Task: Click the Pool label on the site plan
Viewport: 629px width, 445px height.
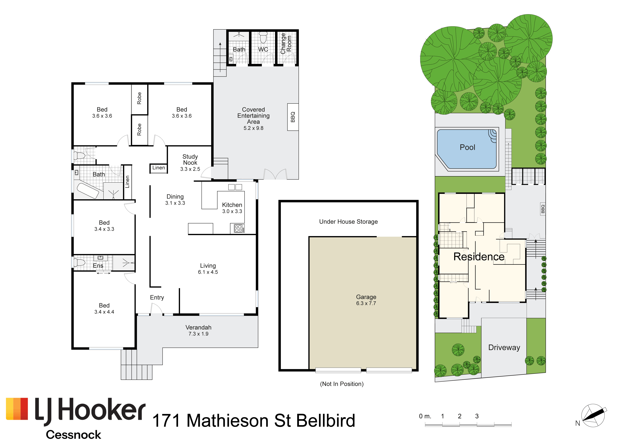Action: (467, 147)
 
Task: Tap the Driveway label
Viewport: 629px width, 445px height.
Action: (504, 347)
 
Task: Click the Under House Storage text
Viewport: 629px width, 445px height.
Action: (348, 222)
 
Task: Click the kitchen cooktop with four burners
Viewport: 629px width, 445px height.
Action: (238, 228)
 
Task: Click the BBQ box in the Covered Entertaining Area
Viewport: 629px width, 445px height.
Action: (293, 117)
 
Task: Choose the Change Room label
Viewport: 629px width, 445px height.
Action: (286, 44)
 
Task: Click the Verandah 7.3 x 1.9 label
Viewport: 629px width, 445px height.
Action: (198, 330)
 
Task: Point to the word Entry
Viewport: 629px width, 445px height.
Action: (157, 298)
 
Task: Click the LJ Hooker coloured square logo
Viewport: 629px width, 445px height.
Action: (17, 409)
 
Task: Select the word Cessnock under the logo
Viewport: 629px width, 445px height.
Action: (73, 435)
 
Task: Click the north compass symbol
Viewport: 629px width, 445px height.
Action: (593, 415)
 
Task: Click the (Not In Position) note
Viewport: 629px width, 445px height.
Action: (342, 384)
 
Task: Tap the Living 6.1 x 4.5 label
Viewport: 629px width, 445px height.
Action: (208, 269)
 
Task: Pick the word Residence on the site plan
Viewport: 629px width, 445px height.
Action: (479, 256)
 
